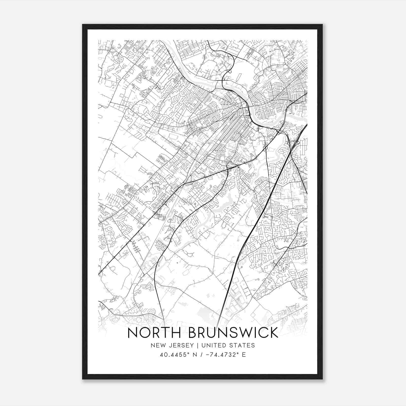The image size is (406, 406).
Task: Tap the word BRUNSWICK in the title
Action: pyautogui.click(x=233, y=333)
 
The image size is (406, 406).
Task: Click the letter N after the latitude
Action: pyautogui.click(x=195, y=355)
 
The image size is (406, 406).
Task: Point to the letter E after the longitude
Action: pyautogui.click(x=244, y=355)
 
